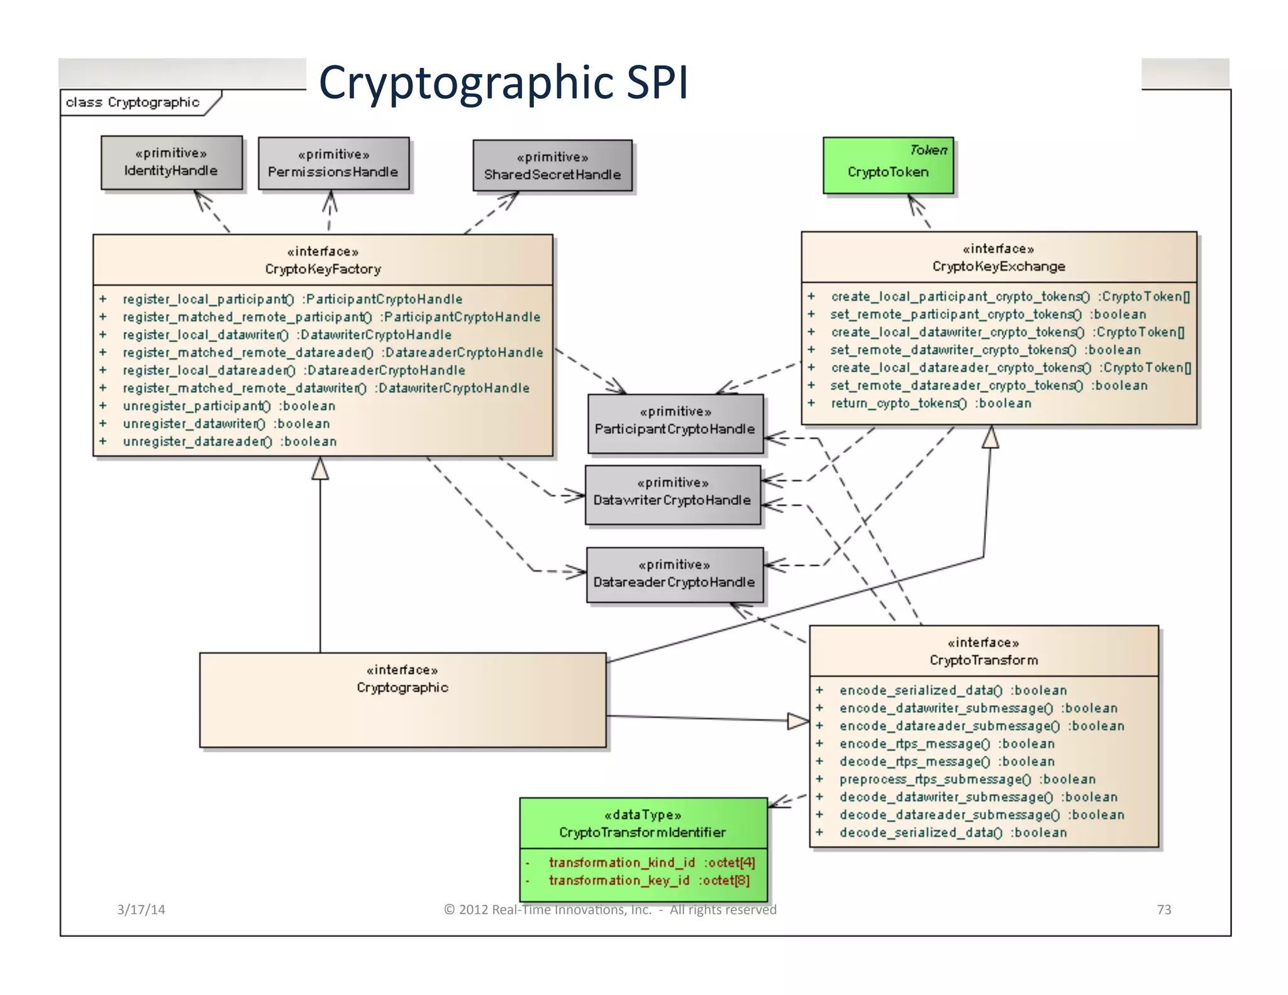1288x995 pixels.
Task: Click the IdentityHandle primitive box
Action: click(x=171, y=162)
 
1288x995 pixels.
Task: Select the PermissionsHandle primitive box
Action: click(x=333, y=164)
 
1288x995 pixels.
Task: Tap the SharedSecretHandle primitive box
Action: click(x=552, y=166)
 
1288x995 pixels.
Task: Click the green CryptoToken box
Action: click(x=887, y=165)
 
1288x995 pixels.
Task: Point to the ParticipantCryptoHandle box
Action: click(x=675, y=423)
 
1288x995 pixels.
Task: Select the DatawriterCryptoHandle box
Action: click(x=672, y=494)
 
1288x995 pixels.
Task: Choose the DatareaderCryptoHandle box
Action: click(x=674, y=575)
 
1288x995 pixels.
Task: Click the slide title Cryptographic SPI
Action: click(x=503, y=82)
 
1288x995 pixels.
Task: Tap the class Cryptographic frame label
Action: click(x=133, y=103)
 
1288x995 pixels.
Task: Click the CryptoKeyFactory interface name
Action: click(x=323, y=269)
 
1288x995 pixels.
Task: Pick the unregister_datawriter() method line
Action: click(x=226, y=424)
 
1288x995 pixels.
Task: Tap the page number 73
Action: click(x=1163, y=909)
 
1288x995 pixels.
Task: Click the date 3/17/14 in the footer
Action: click(x=141, y=909)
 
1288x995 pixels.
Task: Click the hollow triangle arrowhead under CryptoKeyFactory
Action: click(x=320, y=469)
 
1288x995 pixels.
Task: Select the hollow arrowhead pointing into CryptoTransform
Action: click(x=797, y=721)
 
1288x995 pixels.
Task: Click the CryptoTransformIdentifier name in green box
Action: click(x=642, y=832)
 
